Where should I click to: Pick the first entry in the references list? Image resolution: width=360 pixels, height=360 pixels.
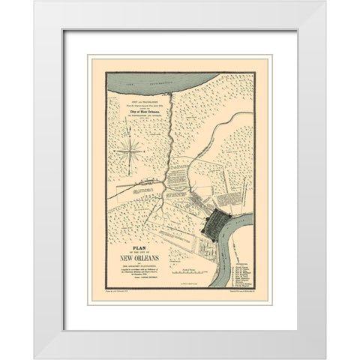[x=238, y=264]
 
